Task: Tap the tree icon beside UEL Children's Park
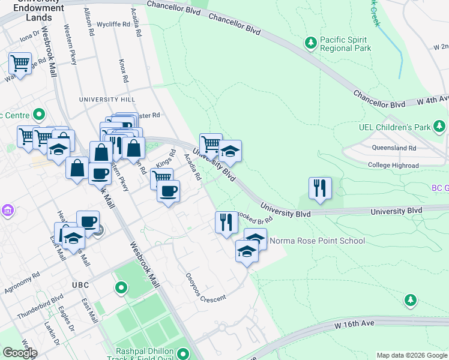[440, 126]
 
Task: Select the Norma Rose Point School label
[317, 241]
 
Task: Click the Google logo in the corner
[20, 352]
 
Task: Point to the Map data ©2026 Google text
[412, 355]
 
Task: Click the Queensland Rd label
[394, 148]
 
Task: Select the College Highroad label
[393, 165]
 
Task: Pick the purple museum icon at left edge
[7, 210]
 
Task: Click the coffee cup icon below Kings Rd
[168, 191]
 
